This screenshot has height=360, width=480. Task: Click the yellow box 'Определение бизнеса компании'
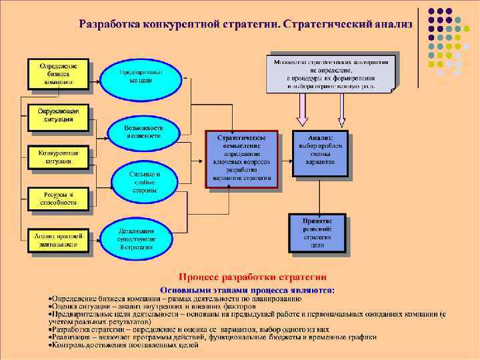(x=58, y=73)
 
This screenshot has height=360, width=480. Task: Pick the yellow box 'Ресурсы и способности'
(x=58, y=198)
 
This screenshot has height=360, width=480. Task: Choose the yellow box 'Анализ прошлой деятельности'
(x=59, y=240)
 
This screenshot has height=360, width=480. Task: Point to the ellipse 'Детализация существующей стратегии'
(x=139, y=239)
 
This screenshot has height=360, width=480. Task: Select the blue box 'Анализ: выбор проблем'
(x=319, y=153)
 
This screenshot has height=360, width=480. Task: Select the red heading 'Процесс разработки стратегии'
(x=252, y=277)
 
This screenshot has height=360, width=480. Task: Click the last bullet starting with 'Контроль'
(x=123, y=346)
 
